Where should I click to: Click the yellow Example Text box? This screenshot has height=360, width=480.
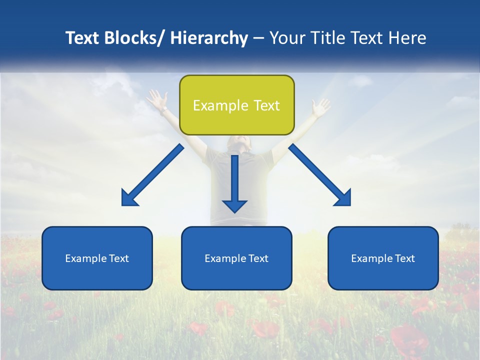point(236,105)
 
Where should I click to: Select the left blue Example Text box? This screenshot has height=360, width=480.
point(97,258)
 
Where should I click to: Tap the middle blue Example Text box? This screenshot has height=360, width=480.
point(236,258)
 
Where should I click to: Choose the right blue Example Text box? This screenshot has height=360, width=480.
point(383,258)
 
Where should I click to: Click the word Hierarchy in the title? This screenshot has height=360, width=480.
point(209,38)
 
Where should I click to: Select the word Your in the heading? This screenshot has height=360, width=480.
point(287,38)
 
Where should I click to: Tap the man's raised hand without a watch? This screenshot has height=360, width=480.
point(320,106)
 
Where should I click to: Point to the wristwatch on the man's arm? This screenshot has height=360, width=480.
point(164,108)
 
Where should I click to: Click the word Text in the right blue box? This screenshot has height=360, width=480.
point(404,258)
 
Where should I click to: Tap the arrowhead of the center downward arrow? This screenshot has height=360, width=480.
point(234,205)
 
